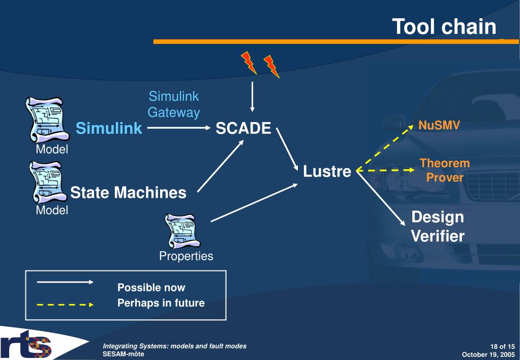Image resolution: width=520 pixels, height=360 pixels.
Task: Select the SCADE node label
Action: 243,129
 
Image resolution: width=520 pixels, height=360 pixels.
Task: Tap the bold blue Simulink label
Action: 109,129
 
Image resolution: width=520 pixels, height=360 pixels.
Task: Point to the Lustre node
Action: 327,171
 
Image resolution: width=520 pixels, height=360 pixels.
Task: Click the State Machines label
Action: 128,193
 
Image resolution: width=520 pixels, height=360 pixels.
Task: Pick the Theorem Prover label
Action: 444,170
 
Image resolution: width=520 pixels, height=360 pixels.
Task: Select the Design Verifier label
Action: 437,226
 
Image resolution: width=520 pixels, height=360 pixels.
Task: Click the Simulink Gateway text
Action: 173,104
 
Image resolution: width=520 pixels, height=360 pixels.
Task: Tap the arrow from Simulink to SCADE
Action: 178,129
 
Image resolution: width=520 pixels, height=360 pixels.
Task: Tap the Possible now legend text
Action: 151,288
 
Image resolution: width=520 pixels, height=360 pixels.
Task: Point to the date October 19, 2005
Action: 488,354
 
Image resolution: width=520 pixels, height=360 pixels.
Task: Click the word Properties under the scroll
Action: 186,256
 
